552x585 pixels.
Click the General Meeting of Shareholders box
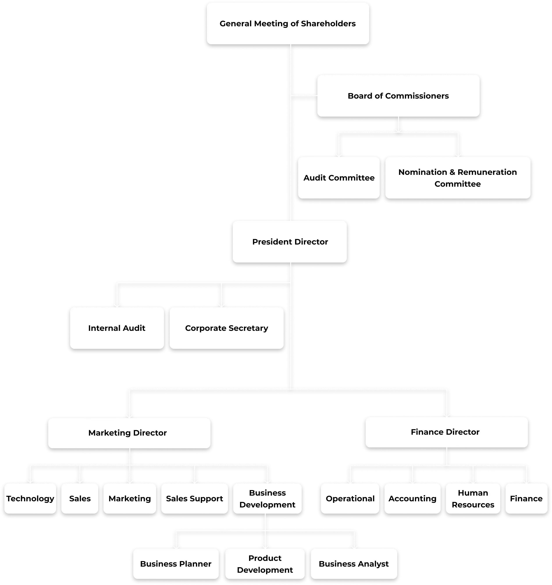pos(288,23)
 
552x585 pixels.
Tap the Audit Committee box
pos(339,178)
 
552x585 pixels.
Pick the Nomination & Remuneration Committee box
pos(458,178)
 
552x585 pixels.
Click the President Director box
pos(290,242)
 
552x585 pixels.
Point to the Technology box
pos(30,498)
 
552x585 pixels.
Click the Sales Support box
pos(194,498)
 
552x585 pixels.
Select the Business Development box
pos(267,498)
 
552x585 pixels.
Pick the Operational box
pos(350,498)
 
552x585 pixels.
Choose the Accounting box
pos(412,498)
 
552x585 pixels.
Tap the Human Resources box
pos(473,498)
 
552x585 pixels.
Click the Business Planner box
pos(176,564)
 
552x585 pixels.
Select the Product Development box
pos(265,564)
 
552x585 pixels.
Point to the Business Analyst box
pos(354,564)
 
